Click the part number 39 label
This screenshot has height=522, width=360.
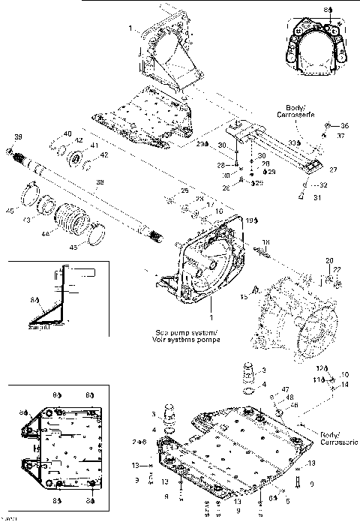pyautogui.click(x=18, y=137)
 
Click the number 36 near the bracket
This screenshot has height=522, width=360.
pyautogui.click(x=345, y=125)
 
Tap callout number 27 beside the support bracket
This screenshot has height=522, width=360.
pyautogui.click(x=334, y=169)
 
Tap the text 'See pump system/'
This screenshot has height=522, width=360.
pyautogui.click(x=177, y=330)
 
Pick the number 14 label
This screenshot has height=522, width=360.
pyautogui.click(x=345, y=385)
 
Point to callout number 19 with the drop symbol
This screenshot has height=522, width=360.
pyautogui.click(x=250, y=220)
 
